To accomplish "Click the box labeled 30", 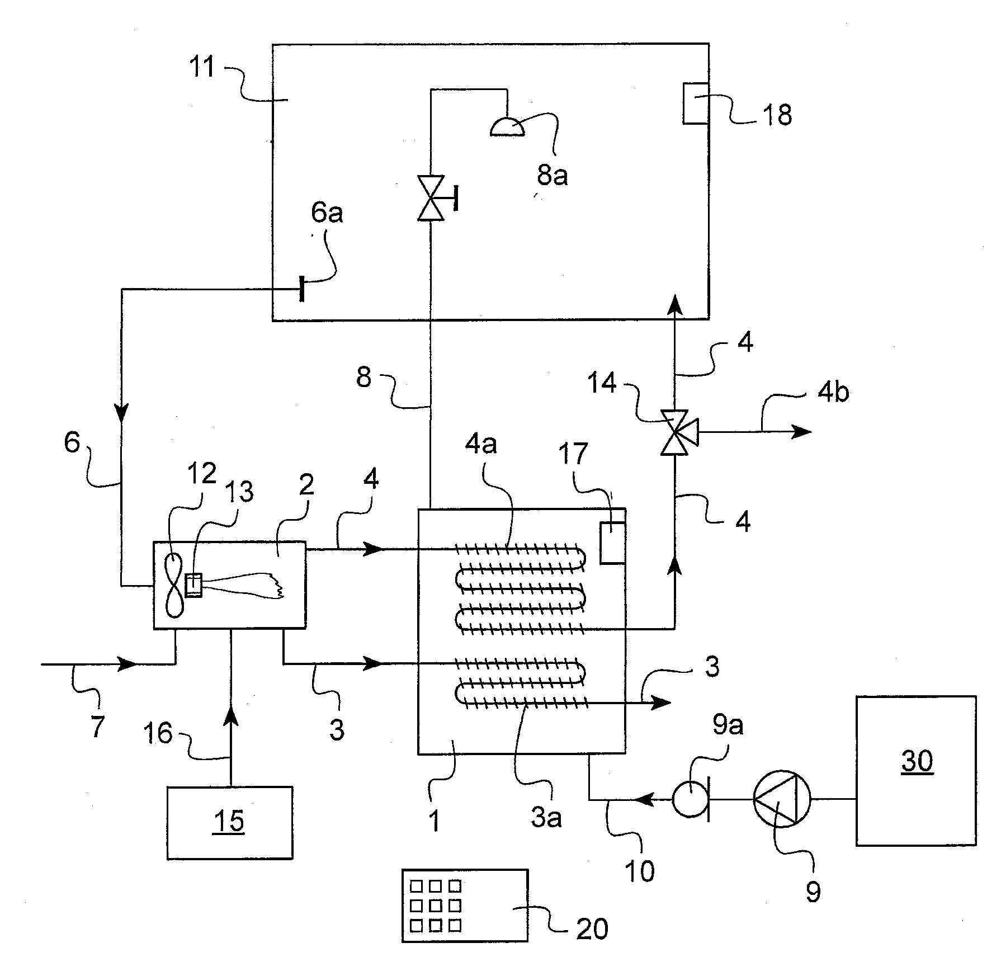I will [x=916, y=770].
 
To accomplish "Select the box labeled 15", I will [x=229, y=822].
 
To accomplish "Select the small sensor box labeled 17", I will [x=612, y=543].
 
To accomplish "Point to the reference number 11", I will [x=202, y=67].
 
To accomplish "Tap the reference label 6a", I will [x=327, y=213].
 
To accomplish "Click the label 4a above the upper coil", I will [x=481, y=445].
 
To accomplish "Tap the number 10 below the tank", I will [x=639, y=870].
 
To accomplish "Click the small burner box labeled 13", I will [x=193, y=586].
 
